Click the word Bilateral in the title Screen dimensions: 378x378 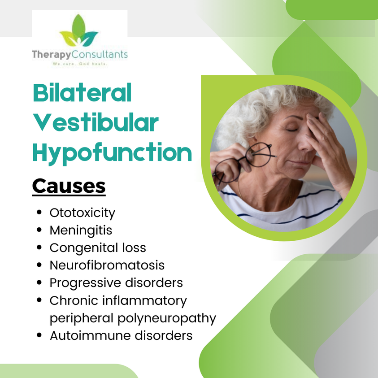point(82,93)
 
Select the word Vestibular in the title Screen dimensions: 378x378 point(96,122)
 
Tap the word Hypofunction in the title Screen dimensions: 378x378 point(112,152)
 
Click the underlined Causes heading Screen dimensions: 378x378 point(69,186)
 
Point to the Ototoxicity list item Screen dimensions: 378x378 point(83,213)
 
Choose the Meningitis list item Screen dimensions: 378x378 point(81,230)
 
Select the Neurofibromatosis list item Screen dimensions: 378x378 point(107,265)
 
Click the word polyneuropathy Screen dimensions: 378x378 point(167,318)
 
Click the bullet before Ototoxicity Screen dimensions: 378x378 point(39,213)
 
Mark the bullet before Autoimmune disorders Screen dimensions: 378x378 point(39,335)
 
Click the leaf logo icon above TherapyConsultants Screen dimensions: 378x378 point(79,30)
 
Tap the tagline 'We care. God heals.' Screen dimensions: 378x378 point(80,64)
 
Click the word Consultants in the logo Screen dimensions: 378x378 point(100,55)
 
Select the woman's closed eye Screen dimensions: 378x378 point(292,130)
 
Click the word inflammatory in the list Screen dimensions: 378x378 point(145,301)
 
